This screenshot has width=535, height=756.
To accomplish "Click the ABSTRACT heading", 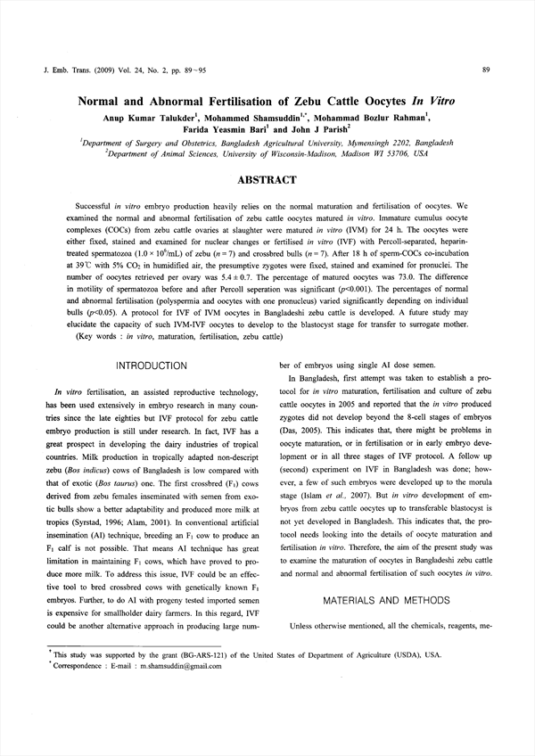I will (267, 180).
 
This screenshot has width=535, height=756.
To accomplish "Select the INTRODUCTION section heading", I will (153, 366).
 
